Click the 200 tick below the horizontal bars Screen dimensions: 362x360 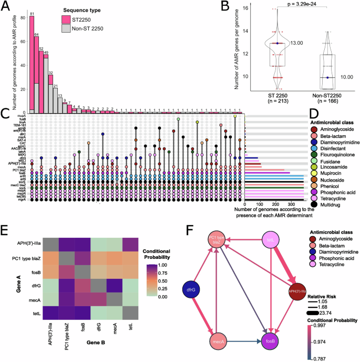(x=275, y=204)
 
